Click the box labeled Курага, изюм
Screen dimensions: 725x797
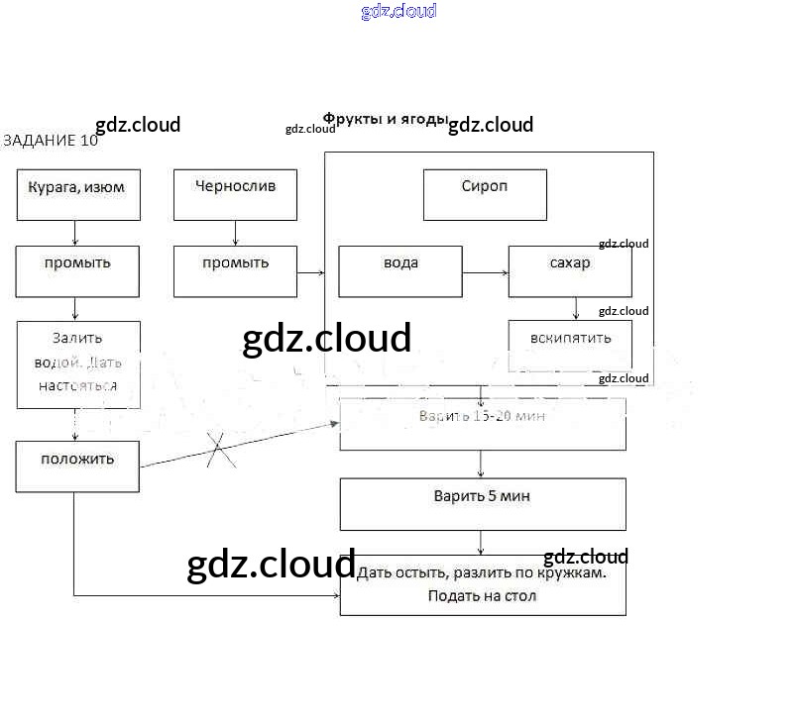point(78,194)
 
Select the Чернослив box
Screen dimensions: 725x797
point(235,194)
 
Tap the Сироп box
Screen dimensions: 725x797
point(485,194)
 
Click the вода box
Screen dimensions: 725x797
point(400,271)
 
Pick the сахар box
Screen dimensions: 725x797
point(570,271)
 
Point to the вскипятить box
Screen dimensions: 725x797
point(570,345)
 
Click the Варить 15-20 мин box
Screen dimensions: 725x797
point(483,424)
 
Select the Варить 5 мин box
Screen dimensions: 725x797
point(483,504)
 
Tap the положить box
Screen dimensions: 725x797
point(77,466)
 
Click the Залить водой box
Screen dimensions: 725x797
point(78,363)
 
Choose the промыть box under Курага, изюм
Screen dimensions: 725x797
point(77,271)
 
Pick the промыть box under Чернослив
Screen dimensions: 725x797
point(235,271)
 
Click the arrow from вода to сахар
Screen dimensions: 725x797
point(485,271)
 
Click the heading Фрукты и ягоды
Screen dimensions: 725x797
point(386,119)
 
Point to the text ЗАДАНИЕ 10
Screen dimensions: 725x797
point(51,141)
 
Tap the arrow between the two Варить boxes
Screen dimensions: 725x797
point(481,465)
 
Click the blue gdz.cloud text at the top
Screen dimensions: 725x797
point(398,12)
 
